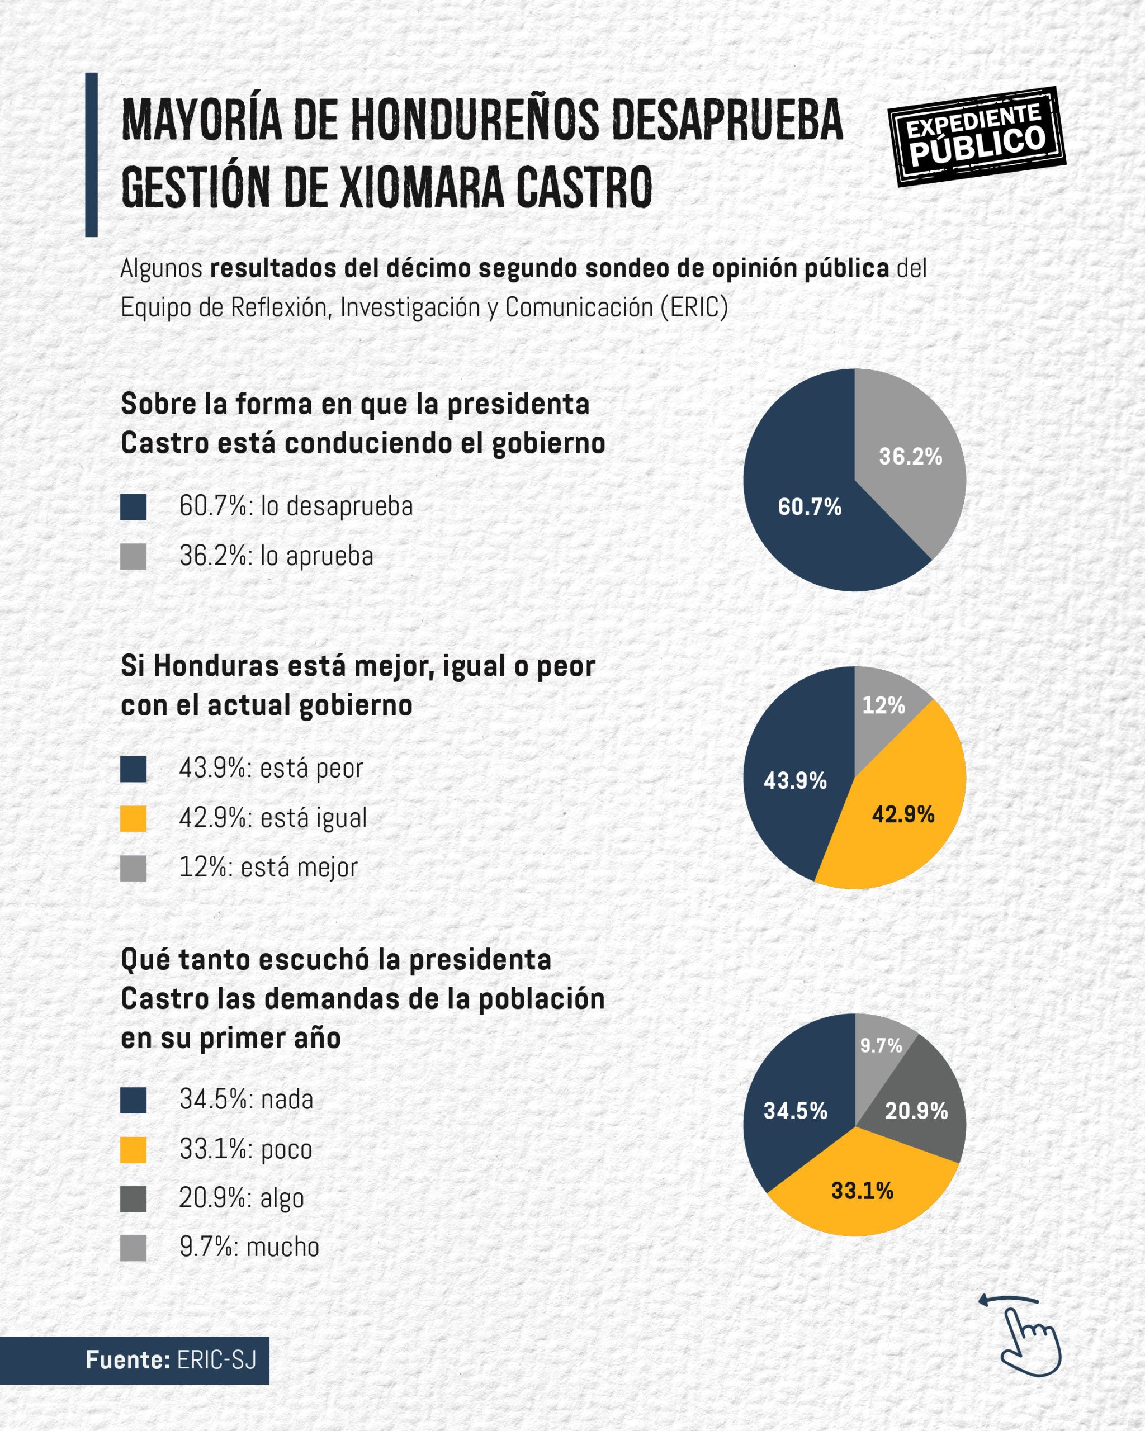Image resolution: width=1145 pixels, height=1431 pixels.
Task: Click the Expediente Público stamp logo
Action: pyautogui.click(x=976, y=136)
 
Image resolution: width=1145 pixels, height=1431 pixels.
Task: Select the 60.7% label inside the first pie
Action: pyautogui.click(x=809, y=508)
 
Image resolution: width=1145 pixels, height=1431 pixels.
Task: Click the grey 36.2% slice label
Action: pyautogui.click(x=910, y=457)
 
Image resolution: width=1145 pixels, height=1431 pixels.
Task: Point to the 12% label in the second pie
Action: pyautogui.click(x=883, y=705)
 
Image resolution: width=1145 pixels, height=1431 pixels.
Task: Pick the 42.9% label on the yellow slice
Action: pyautogui.click(x=903, y=814)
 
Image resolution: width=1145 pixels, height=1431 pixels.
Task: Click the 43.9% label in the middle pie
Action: pyautogui.click(x=794, y=780)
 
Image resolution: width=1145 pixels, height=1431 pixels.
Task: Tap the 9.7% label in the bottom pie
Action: pyautogui.click(x=881, y=1046)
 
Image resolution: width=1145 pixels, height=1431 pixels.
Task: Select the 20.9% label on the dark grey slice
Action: pyautogui.click(x=916, y=1111)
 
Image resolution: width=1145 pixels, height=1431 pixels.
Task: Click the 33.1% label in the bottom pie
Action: pyautogui.click(x=862, y=1191)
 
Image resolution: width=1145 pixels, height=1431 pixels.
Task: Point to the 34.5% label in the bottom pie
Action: pyautogui.click(x=795, y=1111)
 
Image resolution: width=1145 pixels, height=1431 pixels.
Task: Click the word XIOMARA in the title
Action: pyautogui.click(x=422, y=188)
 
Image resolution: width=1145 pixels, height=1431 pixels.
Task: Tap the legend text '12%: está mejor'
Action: pyautogui.click(x=268, y=868)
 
